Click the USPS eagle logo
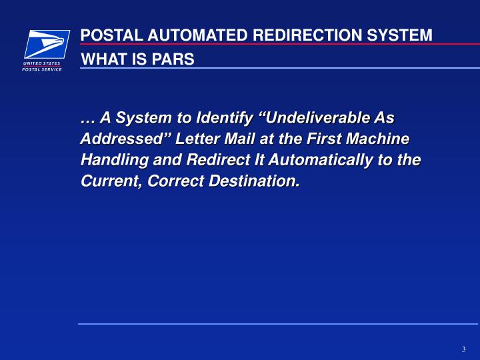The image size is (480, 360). (47, 44)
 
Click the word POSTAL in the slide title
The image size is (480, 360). (107, 35)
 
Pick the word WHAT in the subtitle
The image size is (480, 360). (102, 59)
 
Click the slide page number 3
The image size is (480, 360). (463, 349)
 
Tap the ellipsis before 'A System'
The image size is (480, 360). (87, 119)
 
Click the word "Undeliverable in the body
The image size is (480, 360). (313, 119)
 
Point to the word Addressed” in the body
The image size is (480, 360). (126, 139)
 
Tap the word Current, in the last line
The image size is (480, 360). (107, 181)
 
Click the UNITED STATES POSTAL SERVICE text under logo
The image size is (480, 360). (42, 66)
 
